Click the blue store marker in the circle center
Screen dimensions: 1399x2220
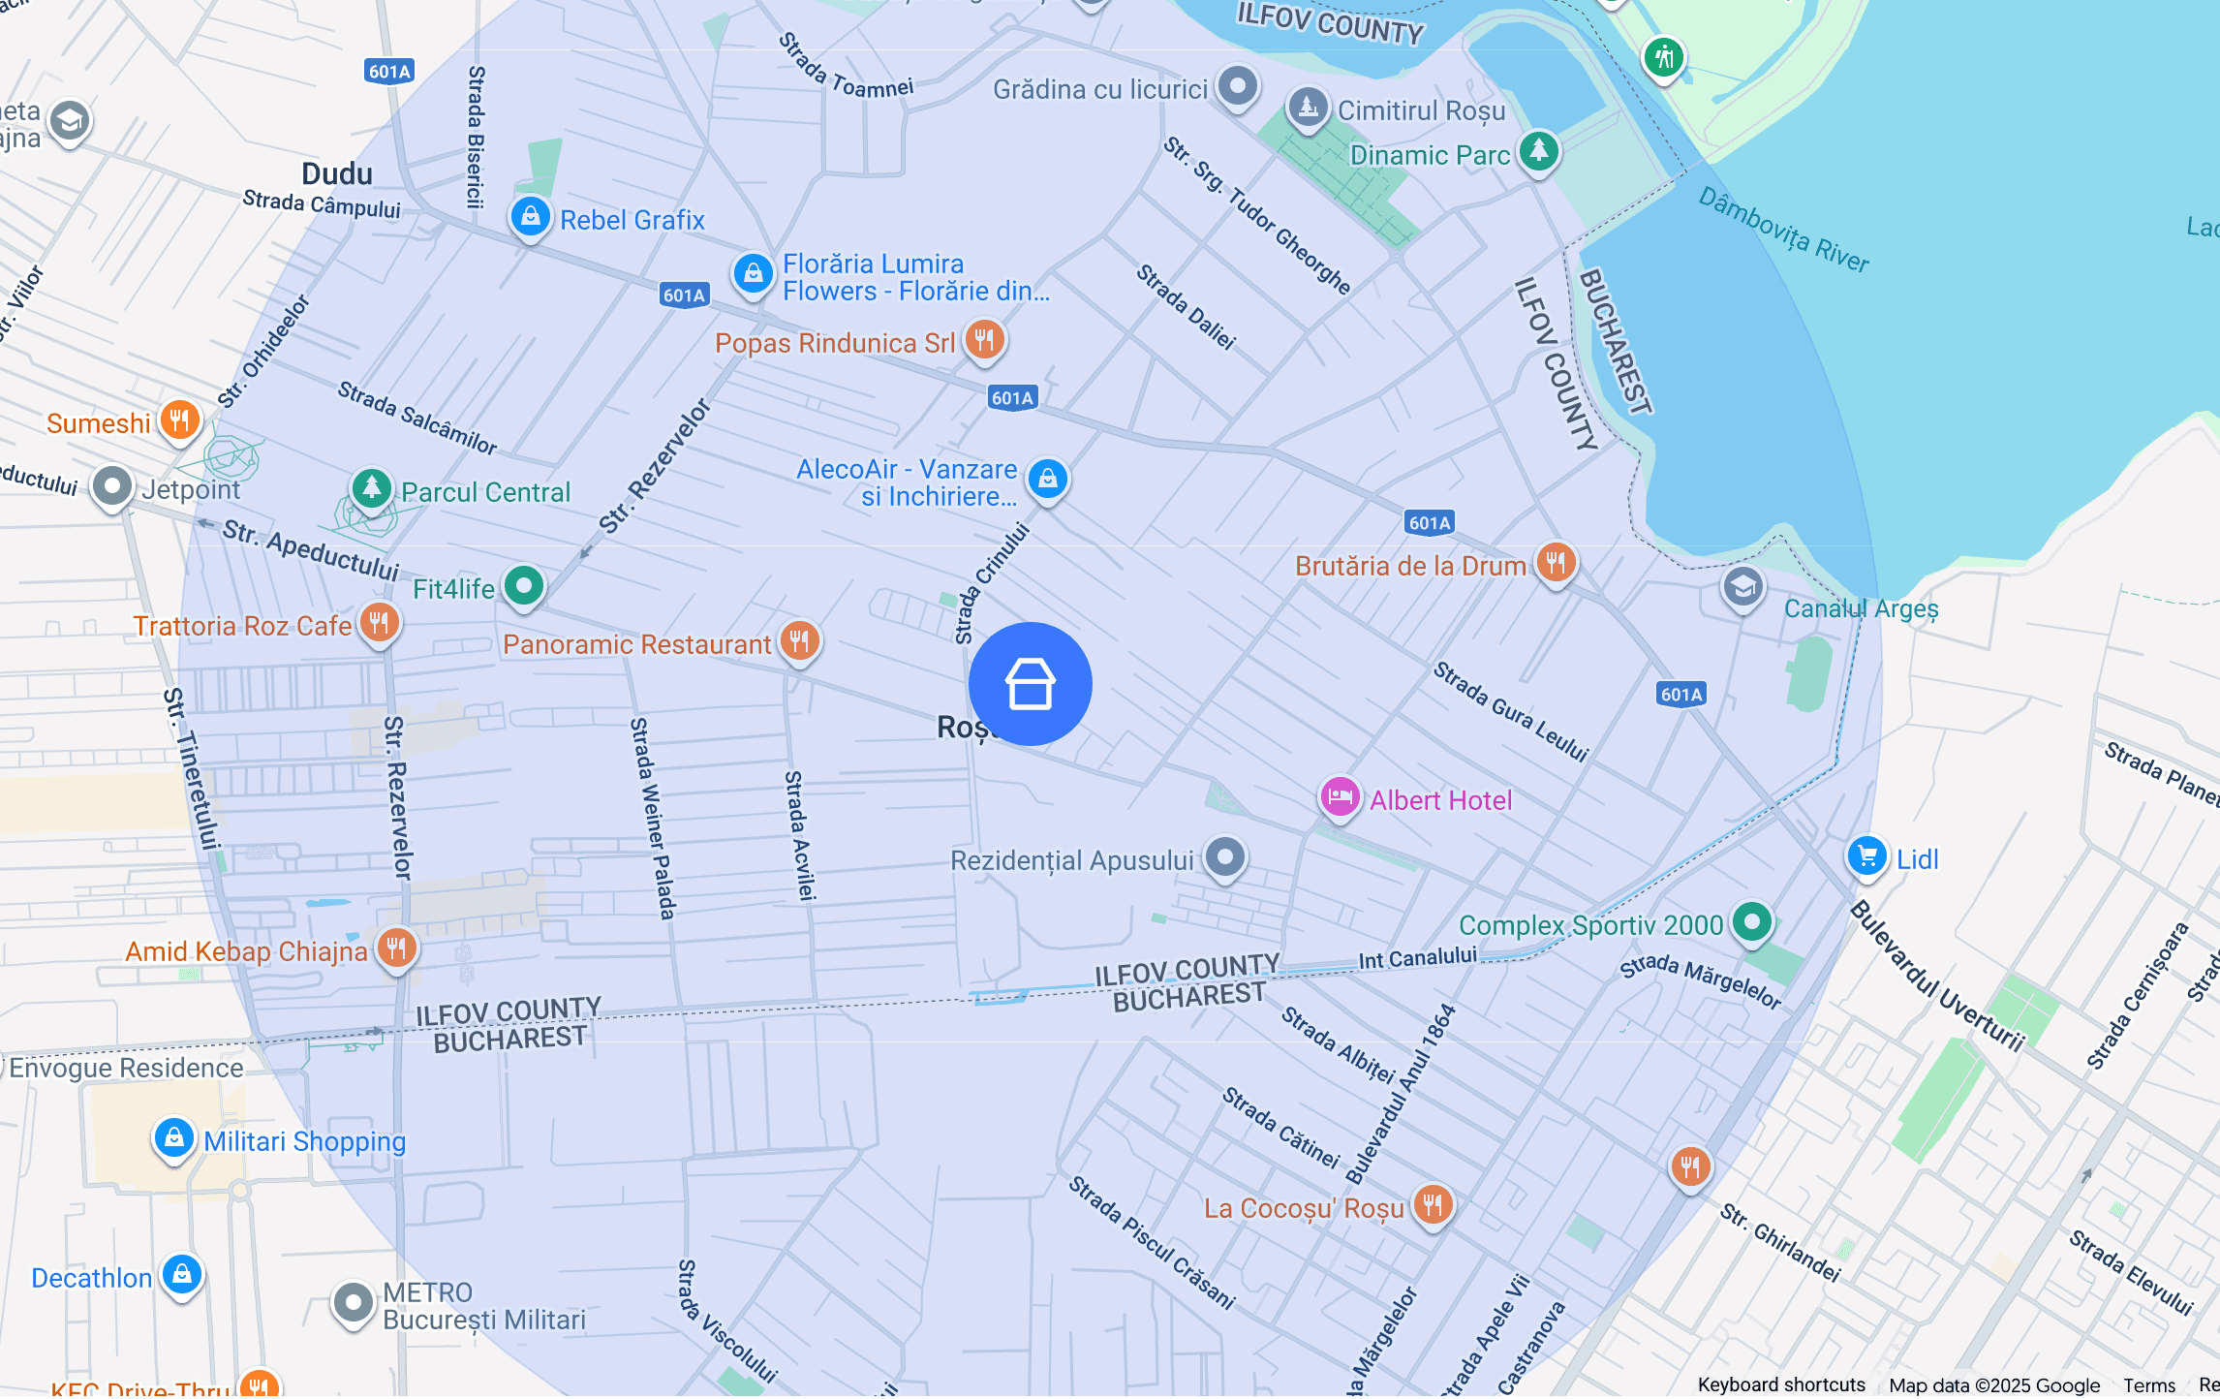point(1030,684)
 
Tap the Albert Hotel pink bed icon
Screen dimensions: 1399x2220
point(1340,797)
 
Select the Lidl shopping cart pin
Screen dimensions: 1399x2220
point(1866,856)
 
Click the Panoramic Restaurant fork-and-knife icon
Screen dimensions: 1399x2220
point(799,640)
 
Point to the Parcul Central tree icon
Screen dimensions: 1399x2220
point(371,488)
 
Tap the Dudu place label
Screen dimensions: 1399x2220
point(337,174)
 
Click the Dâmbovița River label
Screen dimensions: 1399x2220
point(1783,231)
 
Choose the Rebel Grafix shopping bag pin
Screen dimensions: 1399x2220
point(530,217)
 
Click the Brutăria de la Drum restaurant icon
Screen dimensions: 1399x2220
point(1556,562)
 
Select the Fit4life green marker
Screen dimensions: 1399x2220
point(524,585)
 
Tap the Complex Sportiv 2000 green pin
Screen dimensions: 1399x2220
point(1751,921)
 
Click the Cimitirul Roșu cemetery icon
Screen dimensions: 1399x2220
point(1308,107)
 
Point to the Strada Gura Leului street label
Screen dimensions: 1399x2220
point(1511,711)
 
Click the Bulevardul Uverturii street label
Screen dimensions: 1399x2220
point(1937,977)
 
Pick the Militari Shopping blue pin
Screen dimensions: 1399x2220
point(174,1137)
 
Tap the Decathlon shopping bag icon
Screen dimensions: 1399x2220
point(182,1274)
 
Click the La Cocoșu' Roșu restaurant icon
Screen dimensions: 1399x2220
point(1433,1205)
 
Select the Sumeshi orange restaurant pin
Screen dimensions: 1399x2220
point(179,420)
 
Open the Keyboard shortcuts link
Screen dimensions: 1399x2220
point(1781,1385)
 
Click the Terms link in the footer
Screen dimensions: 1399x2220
point(2149,1385)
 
